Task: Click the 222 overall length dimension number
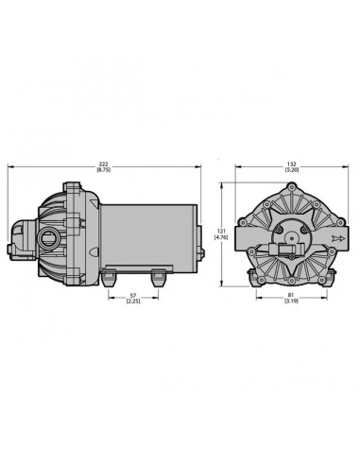coord(104,164)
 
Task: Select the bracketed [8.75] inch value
coord(104,170)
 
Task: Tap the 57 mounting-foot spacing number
coord(133,295)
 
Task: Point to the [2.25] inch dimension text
coord(133,301)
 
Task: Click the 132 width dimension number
coord(292,164)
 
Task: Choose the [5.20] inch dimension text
coord(292,170)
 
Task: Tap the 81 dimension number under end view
coord(291,295)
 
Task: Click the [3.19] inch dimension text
coord(291,301)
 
